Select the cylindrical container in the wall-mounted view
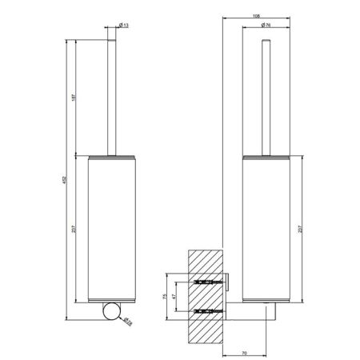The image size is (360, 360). [263, 228]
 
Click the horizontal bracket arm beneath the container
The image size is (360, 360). [252, 309]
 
